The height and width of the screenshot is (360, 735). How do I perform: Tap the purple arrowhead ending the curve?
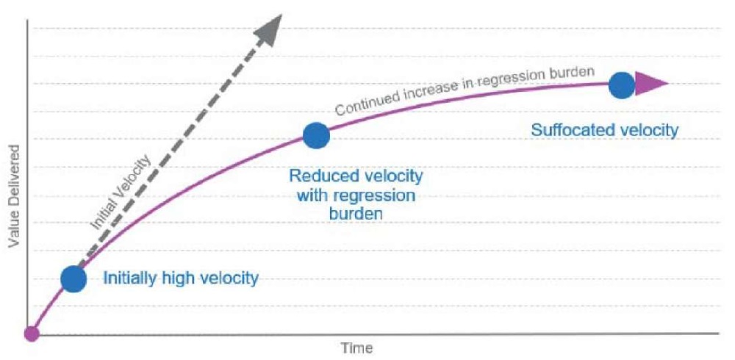650,84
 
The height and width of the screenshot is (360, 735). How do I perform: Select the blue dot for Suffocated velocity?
621,85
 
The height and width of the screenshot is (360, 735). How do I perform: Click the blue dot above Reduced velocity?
316,135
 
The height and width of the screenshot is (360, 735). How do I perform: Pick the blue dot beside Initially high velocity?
73,279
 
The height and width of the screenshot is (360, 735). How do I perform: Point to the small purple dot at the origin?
32,334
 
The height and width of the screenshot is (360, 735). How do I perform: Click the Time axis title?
357,348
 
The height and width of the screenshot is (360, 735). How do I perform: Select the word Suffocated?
572,130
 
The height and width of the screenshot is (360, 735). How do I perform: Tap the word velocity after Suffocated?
648,130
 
